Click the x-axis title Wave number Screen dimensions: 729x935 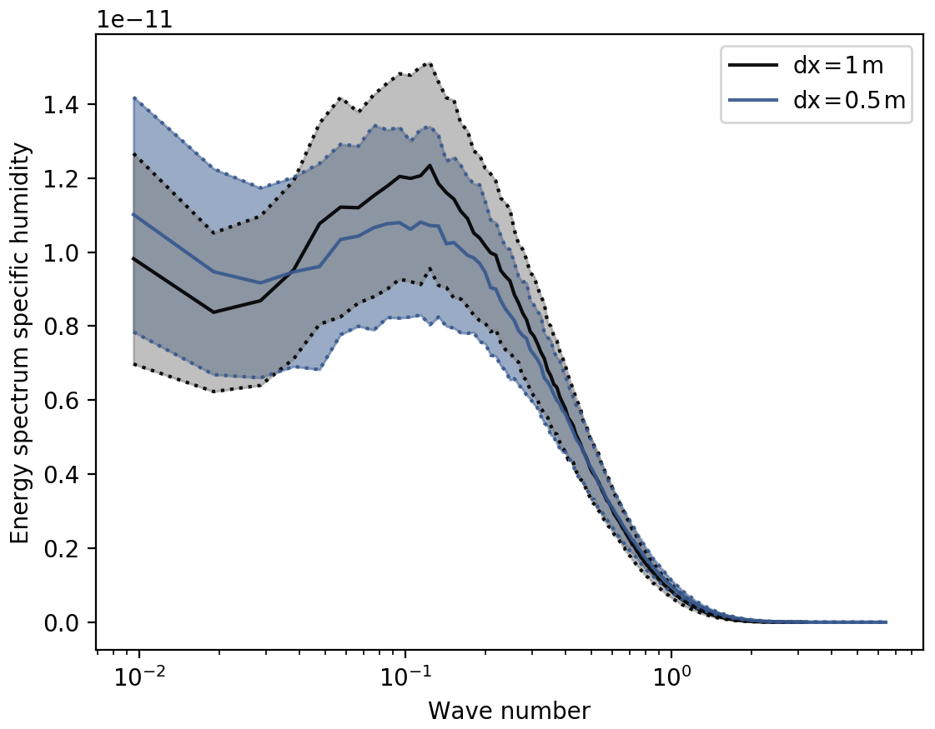[509, 711]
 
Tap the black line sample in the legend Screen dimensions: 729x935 [753, 65]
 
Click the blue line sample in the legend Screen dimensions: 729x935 [753, 100]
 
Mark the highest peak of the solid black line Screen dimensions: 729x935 [430, 166]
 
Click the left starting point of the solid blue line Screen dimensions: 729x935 [134, 214]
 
